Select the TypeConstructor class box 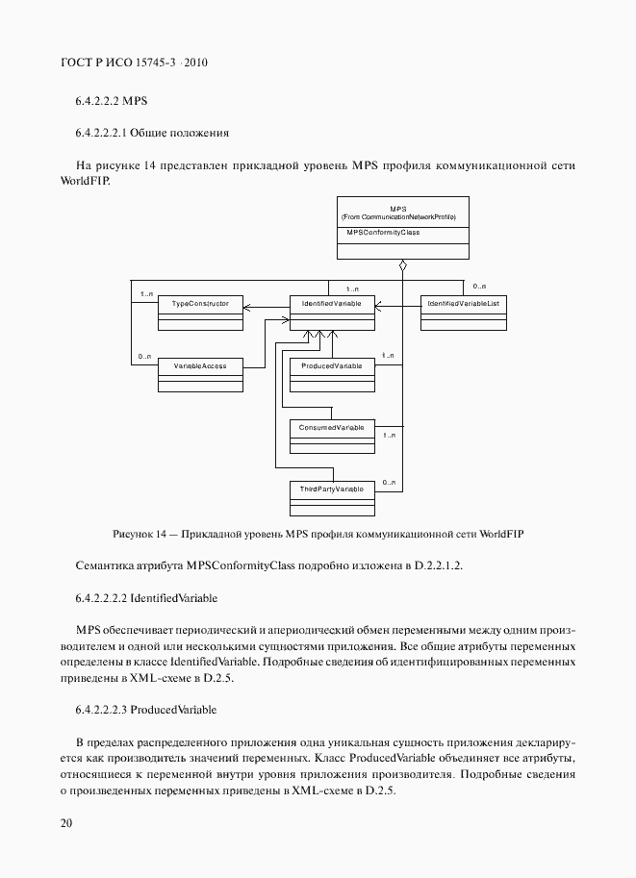click(199, 312)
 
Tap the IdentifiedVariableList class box click(463, 312)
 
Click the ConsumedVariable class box click(332, 434)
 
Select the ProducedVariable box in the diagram click(332, 373)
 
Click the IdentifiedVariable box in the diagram click(332, 312)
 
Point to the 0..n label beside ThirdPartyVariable click(390, 482)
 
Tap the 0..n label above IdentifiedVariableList click(479, 287)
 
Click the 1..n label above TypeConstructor click(146, 293)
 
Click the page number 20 click(65, 823)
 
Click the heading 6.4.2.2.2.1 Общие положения click(151, 132)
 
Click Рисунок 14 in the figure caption click(141, 533)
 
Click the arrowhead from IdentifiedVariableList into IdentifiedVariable click(379, 307)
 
